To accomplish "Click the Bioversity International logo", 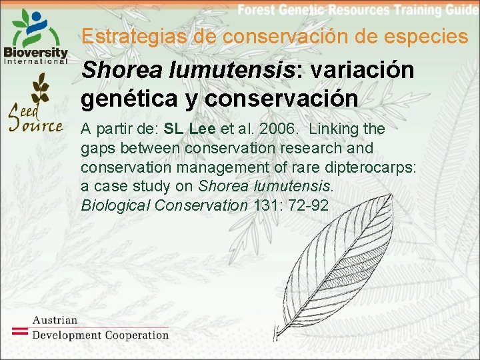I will pos(36,37).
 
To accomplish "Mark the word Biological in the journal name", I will pos(115,205).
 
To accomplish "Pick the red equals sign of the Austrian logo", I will pos(20,330).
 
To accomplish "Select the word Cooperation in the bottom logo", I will pos(133,335).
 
